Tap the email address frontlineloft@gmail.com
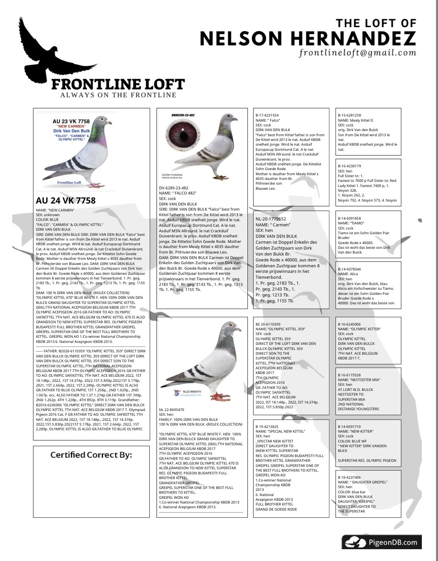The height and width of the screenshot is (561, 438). (x=357, y=52)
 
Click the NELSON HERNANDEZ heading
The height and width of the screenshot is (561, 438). (x=308, y=38)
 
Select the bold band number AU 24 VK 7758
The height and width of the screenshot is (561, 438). (x=65, y=200)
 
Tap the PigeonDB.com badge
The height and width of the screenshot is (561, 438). (x=381, y=542)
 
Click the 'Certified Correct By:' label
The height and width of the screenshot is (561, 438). (x=91, y=455)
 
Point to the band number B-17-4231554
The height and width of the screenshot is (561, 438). (x=267, y=115)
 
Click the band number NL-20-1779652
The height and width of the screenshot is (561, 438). (x=271, y=219)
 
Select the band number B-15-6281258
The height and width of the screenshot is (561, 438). (x=349, y=115)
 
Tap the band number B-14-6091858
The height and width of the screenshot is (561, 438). (x=349, y=218)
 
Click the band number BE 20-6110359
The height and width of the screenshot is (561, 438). (x=268, y=324)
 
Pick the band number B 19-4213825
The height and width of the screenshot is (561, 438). (x=267, y=426)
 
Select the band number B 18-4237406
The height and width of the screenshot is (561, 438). (x=349, y=477)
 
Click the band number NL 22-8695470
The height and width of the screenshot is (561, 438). (x=171, y=410)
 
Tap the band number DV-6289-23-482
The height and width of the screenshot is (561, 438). (x=174, y=188)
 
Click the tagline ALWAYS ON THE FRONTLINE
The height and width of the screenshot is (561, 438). (x=118, y=95)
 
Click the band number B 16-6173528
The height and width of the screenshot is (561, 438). (x=349, y=375)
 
